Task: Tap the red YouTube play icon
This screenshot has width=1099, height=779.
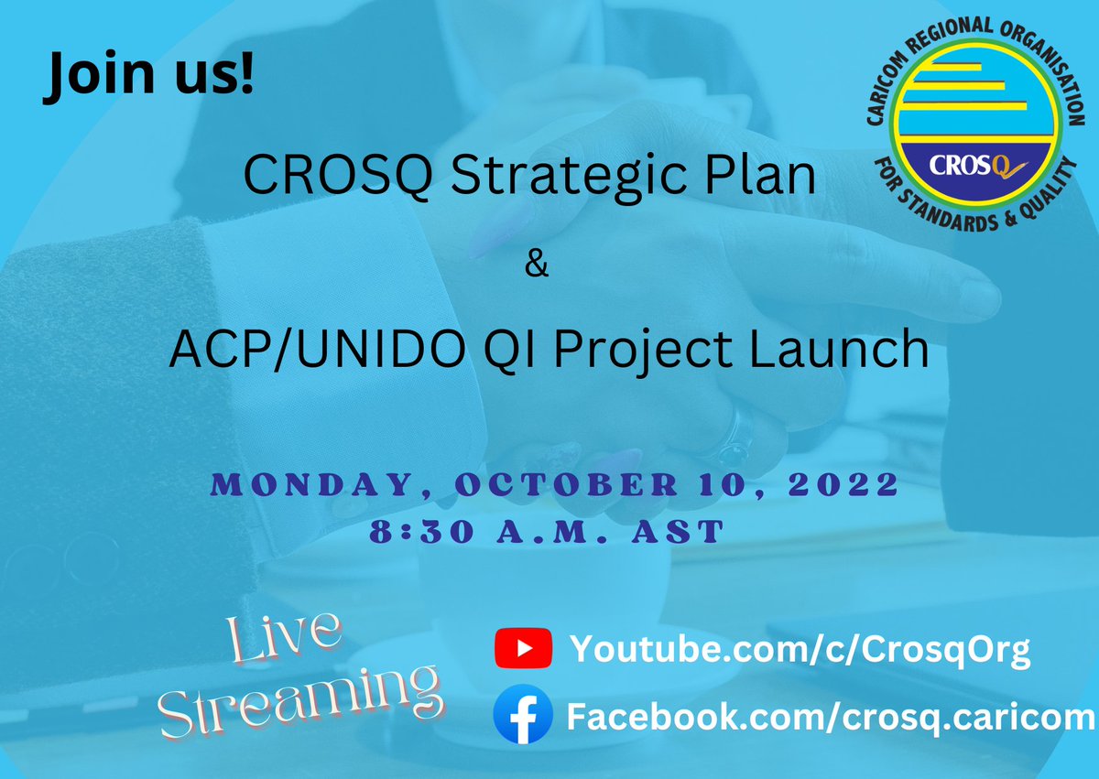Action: pyautogui.click(x=522, y=649)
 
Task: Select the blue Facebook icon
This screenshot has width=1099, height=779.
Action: pyautogui.click(x=522, y=715)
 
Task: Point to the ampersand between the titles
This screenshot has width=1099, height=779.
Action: pyautogui.click(x=537, y=267)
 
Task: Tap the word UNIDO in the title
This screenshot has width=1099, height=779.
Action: pyautogui.click(x=375, y=350)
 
